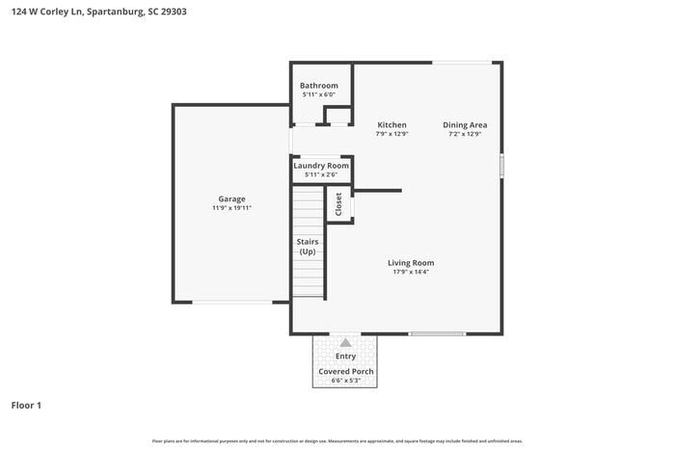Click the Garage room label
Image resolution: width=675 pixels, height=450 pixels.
click(231, 199)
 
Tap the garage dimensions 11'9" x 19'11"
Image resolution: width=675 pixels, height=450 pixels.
click(231, 208)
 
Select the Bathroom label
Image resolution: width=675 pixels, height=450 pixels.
click(318, 85)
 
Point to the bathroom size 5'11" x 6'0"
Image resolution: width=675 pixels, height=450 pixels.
click(318, 94)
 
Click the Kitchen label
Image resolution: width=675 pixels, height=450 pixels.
click(391, 124)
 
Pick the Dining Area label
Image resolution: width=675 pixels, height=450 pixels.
click(465, 124)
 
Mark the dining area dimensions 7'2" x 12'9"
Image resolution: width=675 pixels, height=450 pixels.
click(465, 134)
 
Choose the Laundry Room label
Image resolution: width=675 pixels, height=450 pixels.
click(321, 166)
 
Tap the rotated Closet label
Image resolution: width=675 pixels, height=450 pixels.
click(338, 204)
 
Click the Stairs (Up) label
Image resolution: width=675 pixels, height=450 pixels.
click(308, 246)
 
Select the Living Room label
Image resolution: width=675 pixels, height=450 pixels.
click(411, 262)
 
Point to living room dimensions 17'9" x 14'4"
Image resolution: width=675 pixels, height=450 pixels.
click(411, 272)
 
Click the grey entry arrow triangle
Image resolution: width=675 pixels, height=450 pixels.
click(345, 342)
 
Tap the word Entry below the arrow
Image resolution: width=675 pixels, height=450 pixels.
click(345, 357)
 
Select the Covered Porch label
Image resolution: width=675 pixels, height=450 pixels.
click(345, 371)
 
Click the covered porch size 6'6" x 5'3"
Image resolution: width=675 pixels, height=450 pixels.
click(345, 381)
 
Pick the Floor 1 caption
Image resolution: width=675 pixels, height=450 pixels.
click(26, 406)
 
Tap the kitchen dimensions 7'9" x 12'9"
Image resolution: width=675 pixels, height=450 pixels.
click(391, 134)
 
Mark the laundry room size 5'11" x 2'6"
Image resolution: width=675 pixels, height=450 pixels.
click(321, 175)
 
